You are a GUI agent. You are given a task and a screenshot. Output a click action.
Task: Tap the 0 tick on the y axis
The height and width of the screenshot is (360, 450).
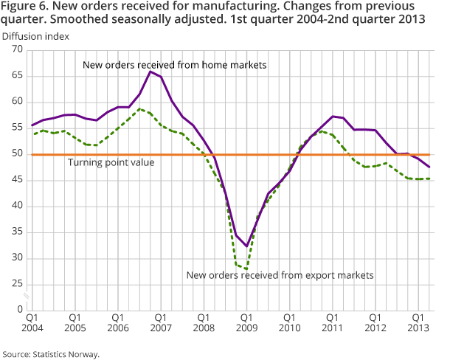click(21, 311)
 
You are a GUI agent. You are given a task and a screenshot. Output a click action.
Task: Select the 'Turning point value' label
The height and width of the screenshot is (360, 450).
click(111, 162)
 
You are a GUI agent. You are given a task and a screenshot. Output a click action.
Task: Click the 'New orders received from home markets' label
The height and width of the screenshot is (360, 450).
click(175, 65)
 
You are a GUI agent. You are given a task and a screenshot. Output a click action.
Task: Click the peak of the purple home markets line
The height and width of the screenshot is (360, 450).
click(150, 72)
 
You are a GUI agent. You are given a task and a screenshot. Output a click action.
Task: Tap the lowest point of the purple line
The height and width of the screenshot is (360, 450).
click(246, 246)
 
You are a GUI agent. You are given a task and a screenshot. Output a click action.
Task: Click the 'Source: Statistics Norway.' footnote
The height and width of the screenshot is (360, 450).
click(52, 353)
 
